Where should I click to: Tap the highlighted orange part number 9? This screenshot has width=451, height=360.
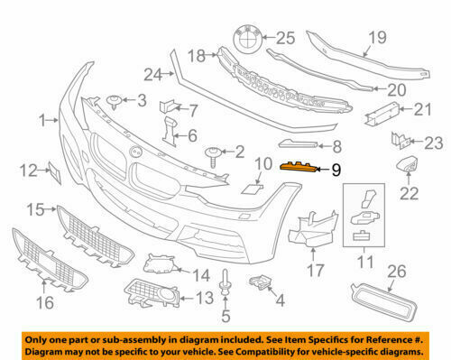[x=299, y=166]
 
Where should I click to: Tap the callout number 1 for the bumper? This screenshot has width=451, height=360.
[x=42, y=118]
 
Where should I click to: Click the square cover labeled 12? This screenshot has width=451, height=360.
[x=51, y=171]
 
